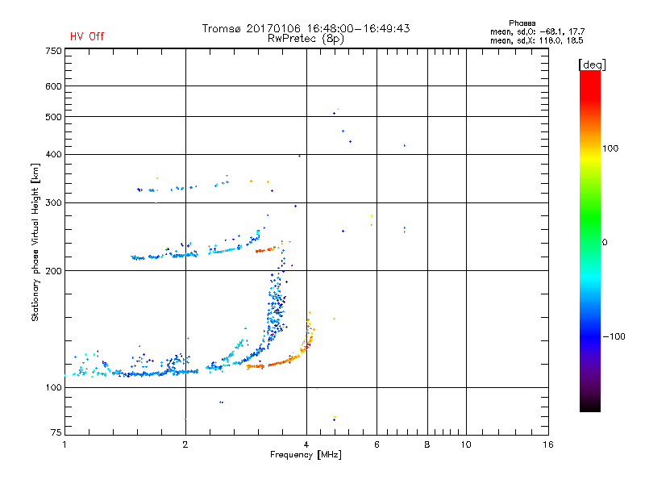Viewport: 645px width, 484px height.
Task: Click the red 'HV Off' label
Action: (86, 36)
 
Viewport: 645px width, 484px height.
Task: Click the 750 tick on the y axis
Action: (53, 51)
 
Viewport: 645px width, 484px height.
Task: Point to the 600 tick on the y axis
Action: (53, 86)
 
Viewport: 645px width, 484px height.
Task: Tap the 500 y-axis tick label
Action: (53, 117)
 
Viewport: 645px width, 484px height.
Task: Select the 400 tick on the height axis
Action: (53, 155)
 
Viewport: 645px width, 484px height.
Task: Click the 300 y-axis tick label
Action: (53, 202)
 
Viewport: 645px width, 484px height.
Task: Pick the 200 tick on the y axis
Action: (53, 271)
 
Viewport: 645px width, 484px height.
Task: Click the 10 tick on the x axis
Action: (465, 444)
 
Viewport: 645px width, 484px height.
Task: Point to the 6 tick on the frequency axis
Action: (377, 444)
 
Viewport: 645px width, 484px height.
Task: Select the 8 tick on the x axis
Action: (427, 444)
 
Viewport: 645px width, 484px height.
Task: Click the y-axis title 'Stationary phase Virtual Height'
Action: (35, 242)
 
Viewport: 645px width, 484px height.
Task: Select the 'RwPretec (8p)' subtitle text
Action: (306, 38)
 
